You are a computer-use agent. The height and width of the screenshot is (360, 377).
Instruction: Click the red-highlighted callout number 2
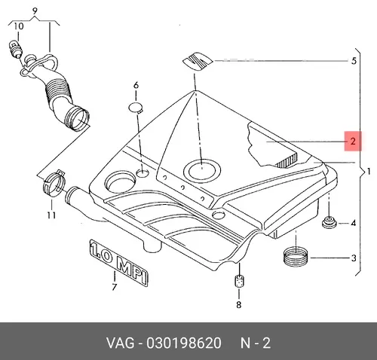[x=353, y=142]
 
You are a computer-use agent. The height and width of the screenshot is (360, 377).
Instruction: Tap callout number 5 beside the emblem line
[x=354, y=61]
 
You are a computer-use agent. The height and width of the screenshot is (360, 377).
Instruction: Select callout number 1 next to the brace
[x=369, y=172]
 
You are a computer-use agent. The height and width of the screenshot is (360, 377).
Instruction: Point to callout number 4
[x=354, y=223]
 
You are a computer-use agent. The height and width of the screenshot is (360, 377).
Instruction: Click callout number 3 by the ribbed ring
[x=354, y=258]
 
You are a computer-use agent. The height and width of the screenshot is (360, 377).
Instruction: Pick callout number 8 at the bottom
[x=238, y=304]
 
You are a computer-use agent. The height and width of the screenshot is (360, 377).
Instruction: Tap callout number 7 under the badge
[x=115, y=287]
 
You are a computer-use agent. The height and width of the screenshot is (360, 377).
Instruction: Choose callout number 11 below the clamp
[x=51, y=215]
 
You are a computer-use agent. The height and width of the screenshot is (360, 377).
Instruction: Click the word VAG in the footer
[x=120, y=343]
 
